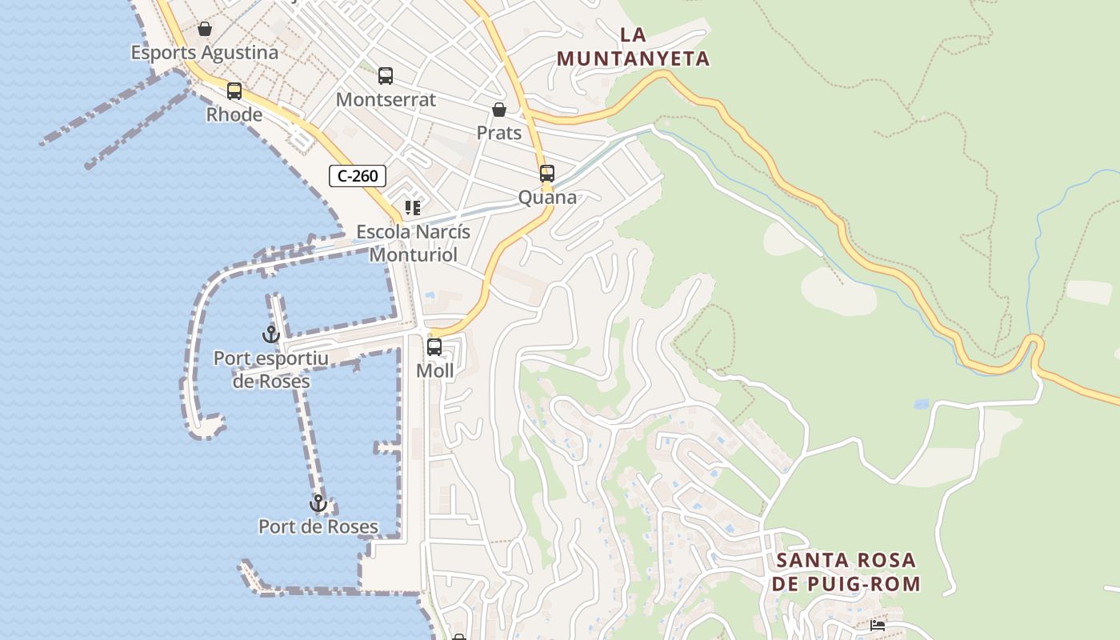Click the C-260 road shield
point(358,176)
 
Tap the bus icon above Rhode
point(234,91)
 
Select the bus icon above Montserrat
point(386,76)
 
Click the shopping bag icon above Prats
point(499,110)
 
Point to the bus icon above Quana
point(547,174)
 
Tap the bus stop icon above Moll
point(434,347)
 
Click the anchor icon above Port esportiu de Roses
point(271,334)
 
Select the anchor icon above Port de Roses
point(318,503)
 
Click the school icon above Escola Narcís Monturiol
point(413,209)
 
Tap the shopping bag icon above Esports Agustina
point(205,30)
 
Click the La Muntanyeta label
point(633,46)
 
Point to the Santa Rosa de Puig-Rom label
point(846,571)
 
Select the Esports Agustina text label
point(205,53)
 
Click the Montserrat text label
point(386,100)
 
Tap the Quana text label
point(547,197)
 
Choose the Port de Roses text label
point(318,526)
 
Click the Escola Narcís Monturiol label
point(413,243)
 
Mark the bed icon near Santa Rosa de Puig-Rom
point(878,625)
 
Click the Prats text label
point(499,133)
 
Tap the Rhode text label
point(234,114)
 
